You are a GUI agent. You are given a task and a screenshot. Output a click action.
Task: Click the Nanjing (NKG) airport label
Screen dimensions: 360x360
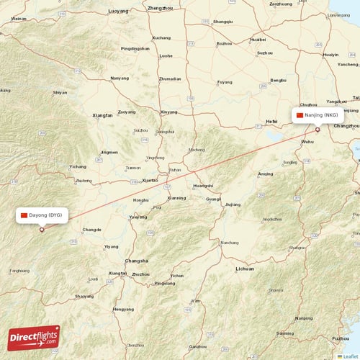(x=320, y=115)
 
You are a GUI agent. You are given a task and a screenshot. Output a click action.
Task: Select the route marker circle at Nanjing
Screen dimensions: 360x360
(x=318, y=130)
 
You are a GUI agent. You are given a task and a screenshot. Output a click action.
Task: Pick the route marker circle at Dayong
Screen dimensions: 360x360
(x=42, y=230)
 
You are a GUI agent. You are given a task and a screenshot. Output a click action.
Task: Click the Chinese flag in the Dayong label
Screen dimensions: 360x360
(x=24, y=215)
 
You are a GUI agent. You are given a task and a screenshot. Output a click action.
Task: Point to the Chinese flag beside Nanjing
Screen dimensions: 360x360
(x=300, y=115)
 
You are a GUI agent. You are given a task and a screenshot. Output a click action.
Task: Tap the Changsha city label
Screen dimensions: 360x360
(x=136, y=261)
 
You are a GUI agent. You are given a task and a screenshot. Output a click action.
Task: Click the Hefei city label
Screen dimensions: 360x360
(x=271, y=122)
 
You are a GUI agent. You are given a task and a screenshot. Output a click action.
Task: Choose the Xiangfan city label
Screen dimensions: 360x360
(x=103, y=114)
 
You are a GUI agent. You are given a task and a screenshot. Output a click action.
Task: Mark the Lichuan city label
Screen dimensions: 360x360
(x=245, y=269)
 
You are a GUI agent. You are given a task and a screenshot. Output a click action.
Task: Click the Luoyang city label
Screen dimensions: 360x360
(x=118, y=12)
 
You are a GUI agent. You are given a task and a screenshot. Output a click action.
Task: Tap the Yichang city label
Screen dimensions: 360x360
(x=78, y=166)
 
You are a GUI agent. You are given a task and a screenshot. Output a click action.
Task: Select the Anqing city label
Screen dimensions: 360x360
(x=266, y=174)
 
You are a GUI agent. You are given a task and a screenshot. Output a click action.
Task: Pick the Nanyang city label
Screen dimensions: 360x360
(x=120, y=78)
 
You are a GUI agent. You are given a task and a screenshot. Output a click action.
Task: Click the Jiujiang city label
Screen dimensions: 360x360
(x=233, y=204)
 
